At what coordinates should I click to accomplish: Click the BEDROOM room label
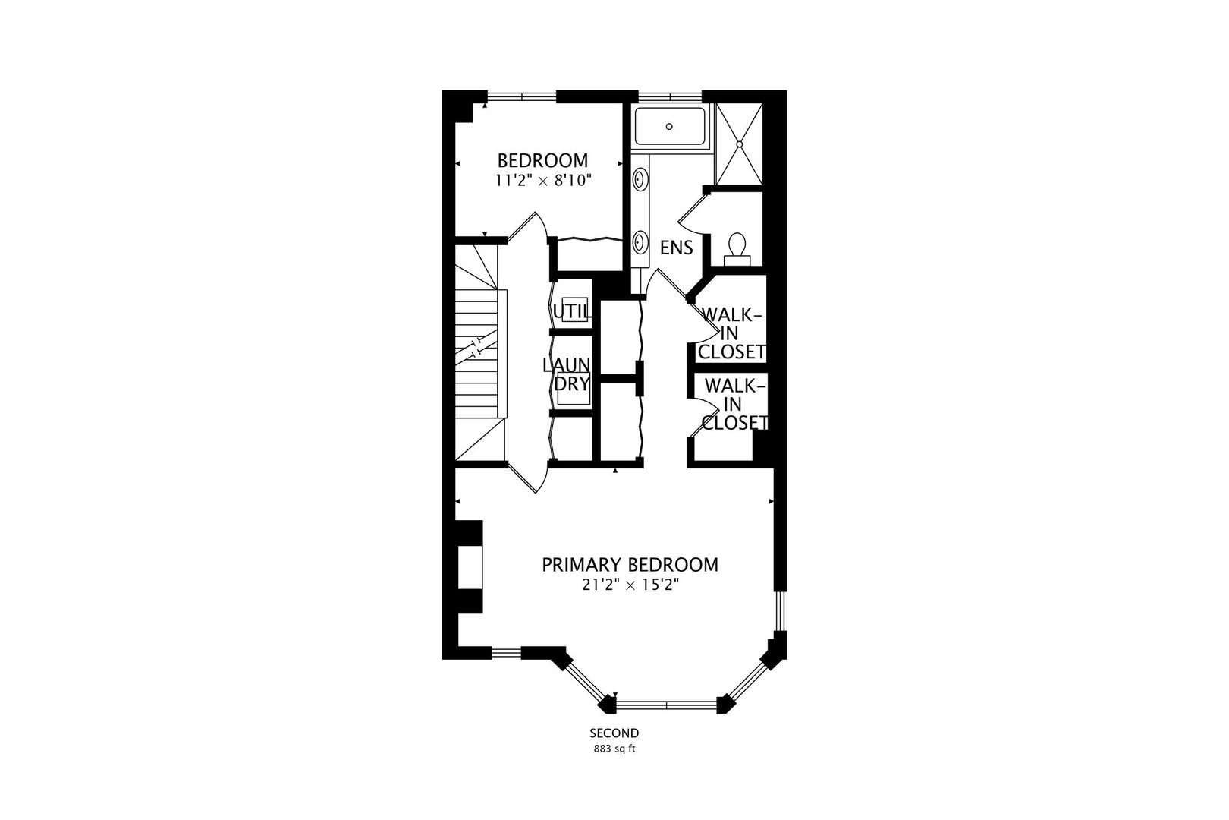pos(542,161)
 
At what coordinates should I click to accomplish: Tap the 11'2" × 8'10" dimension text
pos(542,181)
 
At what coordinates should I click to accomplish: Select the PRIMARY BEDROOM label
pos(630,565)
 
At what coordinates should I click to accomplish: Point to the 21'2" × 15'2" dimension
pos(630,585)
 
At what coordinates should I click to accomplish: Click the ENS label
pos(676,248)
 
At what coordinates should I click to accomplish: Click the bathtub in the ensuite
pos(669,126)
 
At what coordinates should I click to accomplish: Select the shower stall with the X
pos(737,143)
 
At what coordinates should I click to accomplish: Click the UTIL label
pos(570,311)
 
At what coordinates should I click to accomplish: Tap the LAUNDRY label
pos(567,374)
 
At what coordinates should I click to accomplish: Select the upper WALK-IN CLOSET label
pos(732,333)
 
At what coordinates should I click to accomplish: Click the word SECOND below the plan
pos(614,733)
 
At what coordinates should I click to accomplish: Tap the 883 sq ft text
pos(614,749)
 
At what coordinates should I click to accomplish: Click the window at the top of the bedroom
pos(521,96)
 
